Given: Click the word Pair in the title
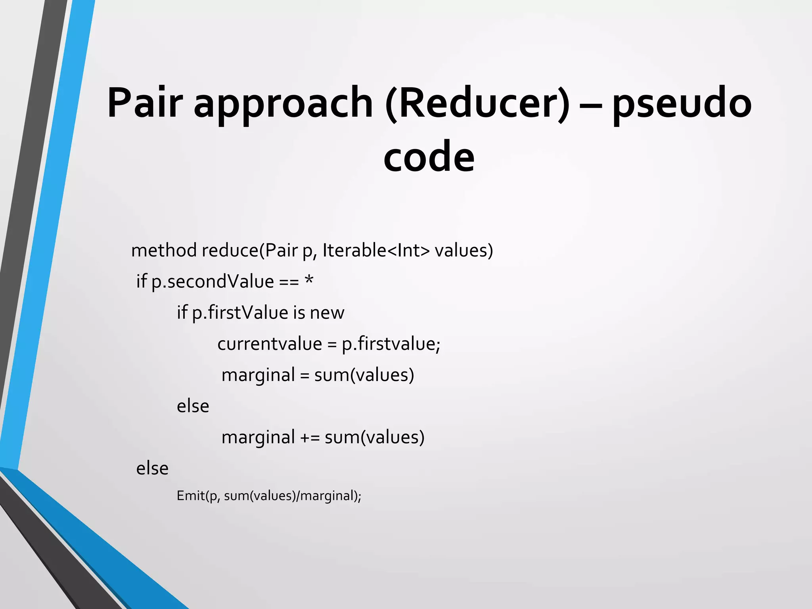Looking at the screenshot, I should [145, 103].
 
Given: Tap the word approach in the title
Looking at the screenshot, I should [283, 104].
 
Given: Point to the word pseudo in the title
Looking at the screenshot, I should [682, 104].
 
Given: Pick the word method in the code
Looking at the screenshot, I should [164, 250].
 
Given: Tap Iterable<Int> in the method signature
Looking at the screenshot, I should [376, 250].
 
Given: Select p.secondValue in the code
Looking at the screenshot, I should [213, 282].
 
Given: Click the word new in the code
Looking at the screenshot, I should [327, 313].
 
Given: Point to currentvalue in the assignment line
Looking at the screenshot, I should [270, 344].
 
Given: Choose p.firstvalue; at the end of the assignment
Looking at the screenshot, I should [391, 344].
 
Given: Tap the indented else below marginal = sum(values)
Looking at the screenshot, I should [193, 406].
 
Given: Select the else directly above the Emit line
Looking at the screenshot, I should [152, 469].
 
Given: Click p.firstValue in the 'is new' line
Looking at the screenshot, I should [240, 313].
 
